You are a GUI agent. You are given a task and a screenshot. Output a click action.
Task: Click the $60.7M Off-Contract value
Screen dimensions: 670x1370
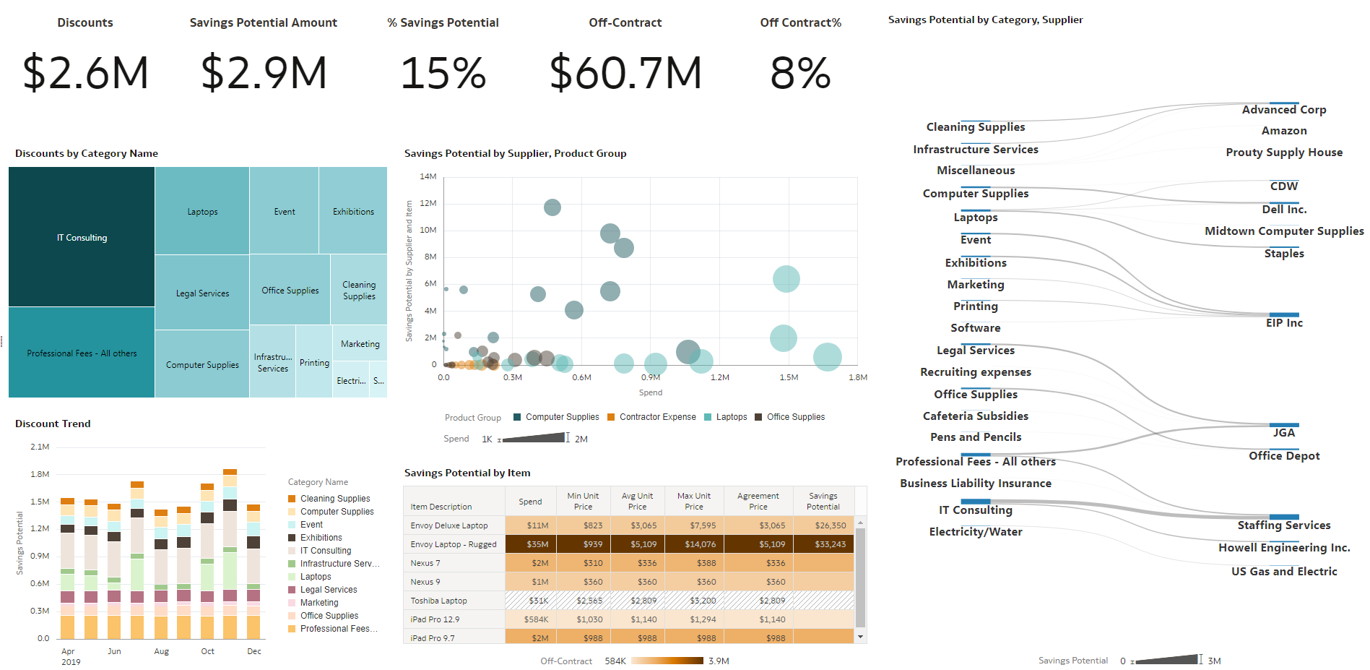(625, 73)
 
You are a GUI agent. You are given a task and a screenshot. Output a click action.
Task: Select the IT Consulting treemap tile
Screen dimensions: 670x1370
(82, 238)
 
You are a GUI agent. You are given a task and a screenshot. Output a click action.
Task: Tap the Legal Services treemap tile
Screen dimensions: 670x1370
(202, 293)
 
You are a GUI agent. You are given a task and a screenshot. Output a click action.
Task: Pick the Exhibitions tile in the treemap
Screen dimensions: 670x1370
(353, 212)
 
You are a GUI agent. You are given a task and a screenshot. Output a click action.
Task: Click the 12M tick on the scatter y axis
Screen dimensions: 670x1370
(428, 203)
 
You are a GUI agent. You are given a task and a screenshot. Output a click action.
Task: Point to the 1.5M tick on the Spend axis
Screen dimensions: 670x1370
(789, 377)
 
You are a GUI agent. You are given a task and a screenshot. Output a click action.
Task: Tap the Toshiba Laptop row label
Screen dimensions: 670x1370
(438, 601)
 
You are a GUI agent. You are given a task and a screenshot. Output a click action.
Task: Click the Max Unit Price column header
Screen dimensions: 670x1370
(693, 501)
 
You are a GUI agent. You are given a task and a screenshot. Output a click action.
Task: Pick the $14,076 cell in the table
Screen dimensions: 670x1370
(700, 544)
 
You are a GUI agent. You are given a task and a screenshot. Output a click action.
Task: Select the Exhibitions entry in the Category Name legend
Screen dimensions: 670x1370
(321, 538)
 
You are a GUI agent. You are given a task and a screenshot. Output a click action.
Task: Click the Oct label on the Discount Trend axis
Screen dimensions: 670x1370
(207, 651)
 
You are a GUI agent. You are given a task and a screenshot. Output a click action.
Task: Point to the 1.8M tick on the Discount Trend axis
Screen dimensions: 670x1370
(40, 474)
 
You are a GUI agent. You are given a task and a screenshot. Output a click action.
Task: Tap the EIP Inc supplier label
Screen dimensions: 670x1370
(1283, 323)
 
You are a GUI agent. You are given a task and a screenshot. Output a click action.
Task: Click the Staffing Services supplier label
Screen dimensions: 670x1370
(1283, 525)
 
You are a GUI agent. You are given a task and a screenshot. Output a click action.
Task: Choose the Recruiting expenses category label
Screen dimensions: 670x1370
(975, 372)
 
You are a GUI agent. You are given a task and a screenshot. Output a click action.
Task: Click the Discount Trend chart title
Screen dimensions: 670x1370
(53, 424)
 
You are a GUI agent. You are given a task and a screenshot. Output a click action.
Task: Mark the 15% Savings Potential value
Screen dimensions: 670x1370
(443, 73)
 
